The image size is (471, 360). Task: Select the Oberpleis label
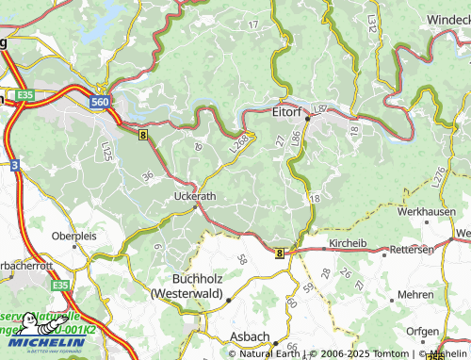pos(73,235)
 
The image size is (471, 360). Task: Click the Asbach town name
pos(250,336)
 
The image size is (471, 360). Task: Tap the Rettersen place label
pos(413,249)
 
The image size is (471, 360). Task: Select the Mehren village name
pos(415,295)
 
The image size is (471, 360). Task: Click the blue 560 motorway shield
pos(102,99)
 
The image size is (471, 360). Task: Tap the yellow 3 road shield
pos(15,165)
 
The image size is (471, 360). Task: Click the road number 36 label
pos(147,175)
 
